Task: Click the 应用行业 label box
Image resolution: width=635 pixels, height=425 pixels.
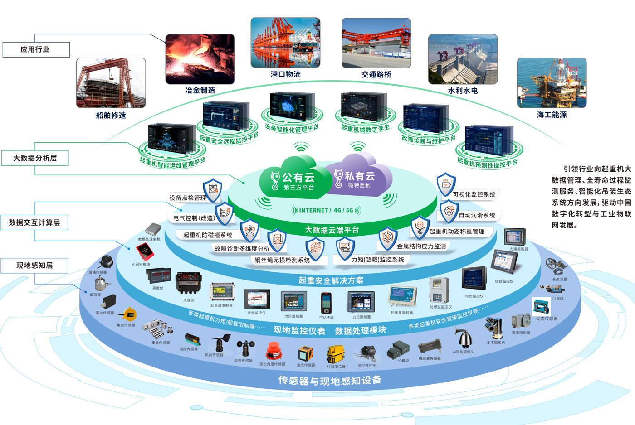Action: click(36, 49)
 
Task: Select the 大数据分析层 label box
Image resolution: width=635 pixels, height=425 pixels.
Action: click(35, 158)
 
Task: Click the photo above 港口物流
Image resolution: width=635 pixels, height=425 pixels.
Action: click(285, 43)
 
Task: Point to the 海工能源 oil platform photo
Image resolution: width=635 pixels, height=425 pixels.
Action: click(552, 83)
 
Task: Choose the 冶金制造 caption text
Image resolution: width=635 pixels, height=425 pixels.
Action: click(200, 90)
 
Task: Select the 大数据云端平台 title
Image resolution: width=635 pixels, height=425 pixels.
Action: click(332, 230)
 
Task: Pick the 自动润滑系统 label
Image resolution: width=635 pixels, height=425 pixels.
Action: click(477, 215)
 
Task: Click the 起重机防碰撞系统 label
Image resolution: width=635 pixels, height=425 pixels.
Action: click(207, 235)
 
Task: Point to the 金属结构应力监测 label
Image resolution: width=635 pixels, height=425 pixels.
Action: click(421, 246)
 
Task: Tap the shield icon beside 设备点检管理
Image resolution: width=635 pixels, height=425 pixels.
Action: click(212, 190)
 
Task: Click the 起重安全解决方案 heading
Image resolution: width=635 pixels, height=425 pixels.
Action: click(331, 280)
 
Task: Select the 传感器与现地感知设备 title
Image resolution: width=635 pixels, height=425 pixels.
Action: click(330, 381)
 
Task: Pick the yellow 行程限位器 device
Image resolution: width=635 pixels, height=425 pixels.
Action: click(336, 353)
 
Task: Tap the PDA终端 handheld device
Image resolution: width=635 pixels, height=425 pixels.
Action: click(326, 303)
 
